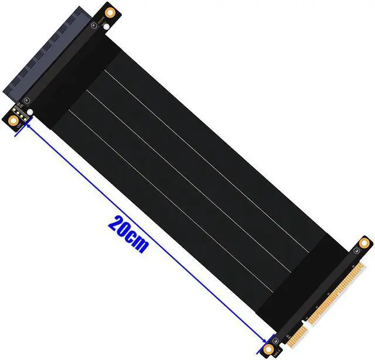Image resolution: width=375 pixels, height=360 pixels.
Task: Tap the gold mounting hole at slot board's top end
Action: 110,12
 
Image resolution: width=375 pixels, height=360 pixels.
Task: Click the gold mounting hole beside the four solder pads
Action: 13,121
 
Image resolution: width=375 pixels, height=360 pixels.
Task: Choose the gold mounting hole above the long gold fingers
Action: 364,242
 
